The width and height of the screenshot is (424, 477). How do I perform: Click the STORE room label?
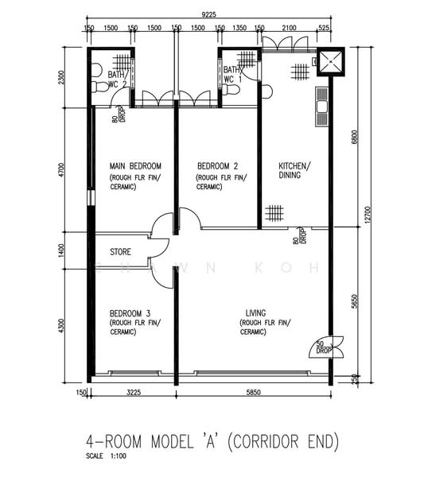121,252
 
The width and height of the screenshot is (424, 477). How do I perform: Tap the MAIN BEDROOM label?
135,166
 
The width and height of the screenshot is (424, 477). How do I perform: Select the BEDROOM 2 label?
218,166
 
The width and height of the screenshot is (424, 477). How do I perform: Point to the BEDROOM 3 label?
130,313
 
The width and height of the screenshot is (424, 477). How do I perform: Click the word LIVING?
255,313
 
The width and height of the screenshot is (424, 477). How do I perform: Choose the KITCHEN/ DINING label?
294,170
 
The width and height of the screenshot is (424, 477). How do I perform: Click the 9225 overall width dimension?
208,14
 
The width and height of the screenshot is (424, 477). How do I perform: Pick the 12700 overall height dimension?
368,215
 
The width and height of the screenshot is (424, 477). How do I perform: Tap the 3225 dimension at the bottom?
134,393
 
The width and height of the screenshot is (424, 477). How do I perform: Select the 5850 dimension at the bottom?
253,393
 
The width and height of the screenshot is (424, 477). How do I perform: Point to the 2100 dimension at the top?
289,28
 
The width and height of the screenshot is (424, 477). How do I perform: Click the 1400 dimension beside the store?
61,250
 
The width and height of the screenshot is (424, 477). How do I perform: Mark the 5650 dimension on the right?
355,301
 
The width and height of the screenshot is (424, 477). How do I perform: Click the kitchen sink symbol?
321,107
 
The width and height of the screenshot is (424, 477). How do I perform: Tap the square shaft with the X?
331,62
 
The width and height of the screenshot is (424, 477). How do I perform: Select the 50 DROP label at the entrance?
323,347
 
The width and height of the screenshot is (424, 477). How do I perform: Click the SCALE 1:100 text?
106,456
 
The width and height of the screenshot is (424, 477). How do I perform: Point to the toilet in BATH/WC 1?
231,90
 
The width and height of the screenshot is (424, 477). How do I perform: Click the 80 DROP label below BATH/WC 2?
119,114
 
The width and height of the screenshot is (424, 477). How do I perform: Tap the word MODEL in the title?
173,441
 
